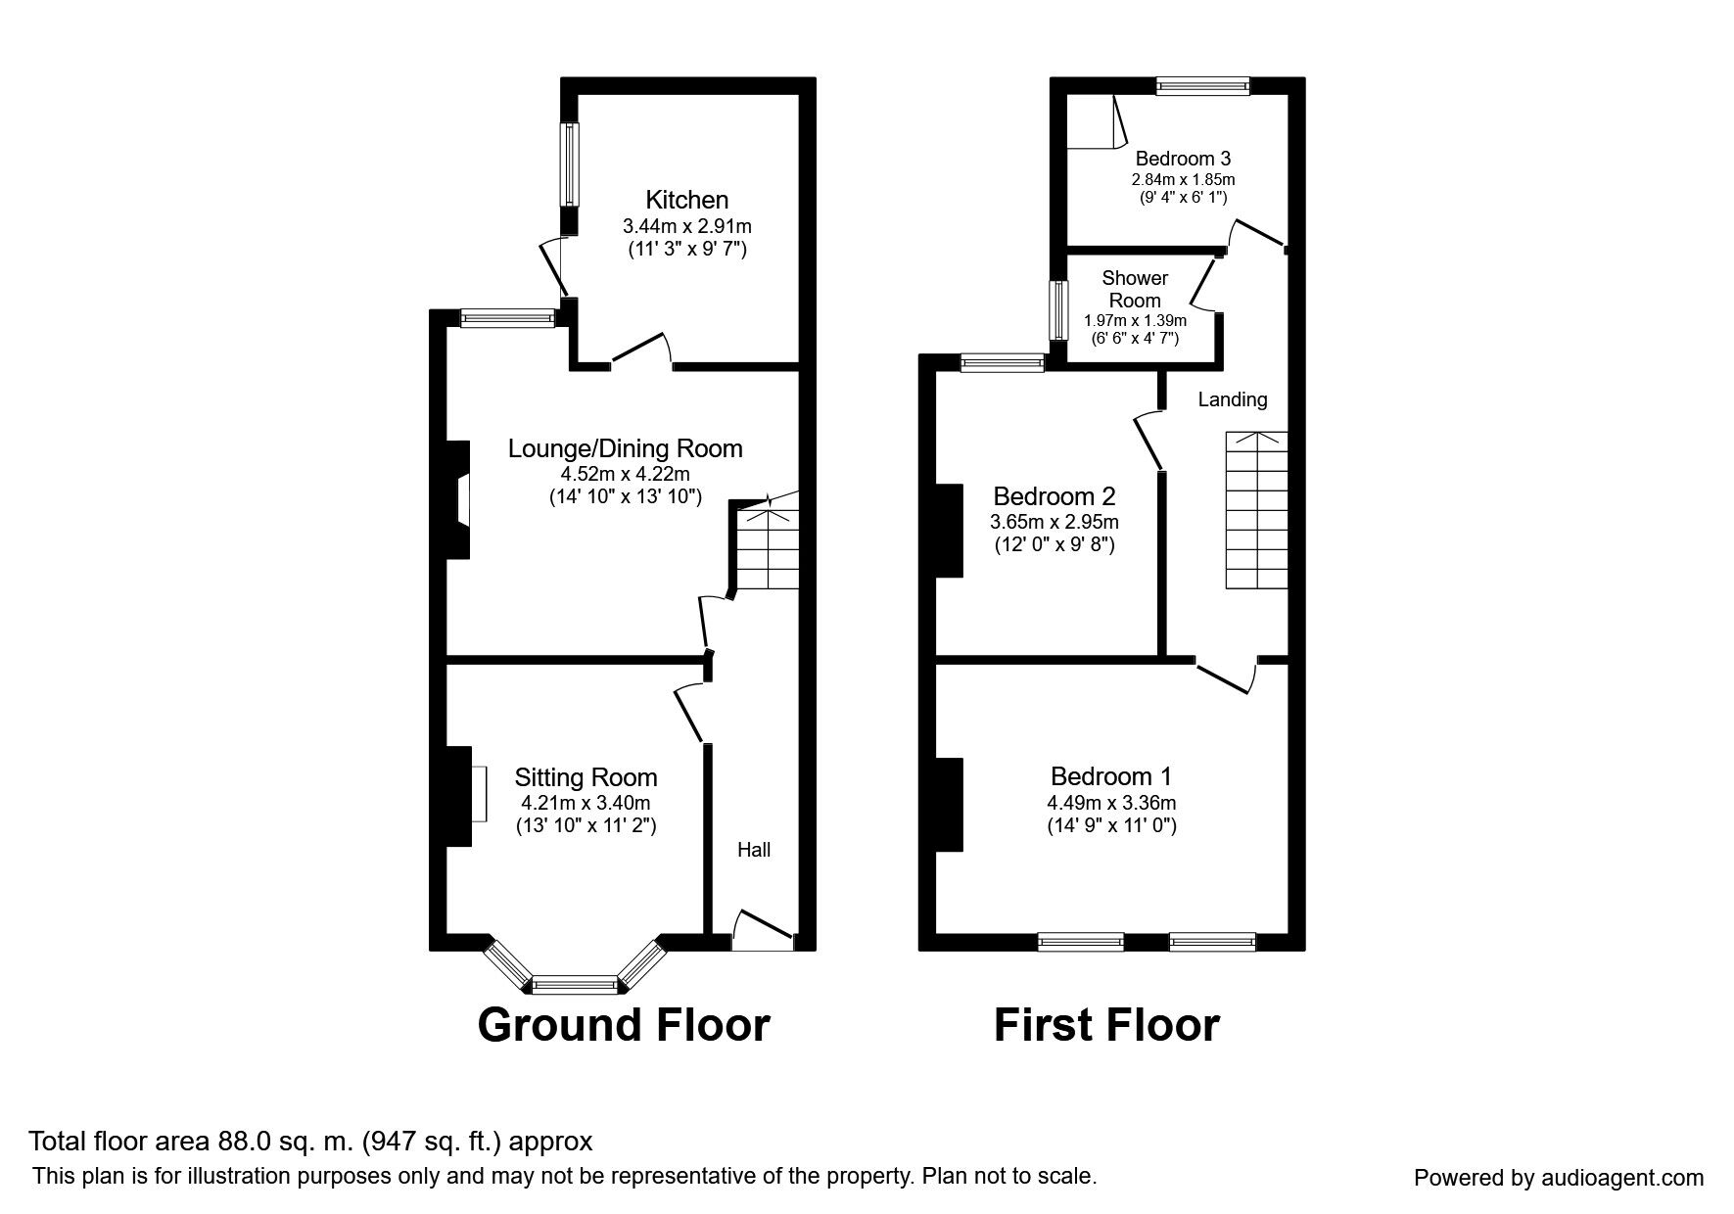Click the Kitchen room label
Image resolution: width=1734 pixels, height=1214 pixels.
click(686, 200)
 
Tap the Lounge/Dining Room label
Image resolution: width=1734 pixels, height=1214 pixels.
click(625, 448)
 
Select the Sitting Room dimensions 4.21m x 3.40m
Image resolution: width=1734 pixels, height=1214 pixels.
click(586, 804)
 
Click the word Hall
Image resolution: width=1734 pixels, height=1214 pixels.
click(754, 850)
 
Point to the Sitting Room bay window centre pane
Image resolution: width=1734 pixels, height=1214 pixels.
click(575, 982)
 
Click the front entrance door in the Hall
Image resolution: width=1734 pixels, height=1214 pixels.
click(763, 930)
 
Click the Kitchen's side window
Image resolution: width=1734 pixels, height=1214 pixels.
click(569, 164)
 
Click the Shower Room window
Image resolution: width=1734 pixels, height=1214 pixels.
click(1057, 310)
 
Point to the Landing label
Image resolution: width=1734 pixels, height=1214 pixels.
click(1233, 399)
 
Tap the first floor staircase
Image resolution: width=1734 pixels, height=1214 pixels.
click(1256, 510)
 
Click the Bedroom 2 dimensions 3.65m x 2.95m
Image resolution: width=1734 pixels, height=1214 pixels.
click(1054, 522)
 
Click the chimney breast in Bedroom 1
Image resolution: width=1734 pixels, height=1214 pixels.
click(949, 804)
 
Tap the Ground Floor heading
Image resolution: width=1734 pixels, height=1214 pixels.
click(624, 1025)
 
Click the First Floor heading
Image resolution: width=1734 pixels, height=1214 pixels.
click(1106, 1025)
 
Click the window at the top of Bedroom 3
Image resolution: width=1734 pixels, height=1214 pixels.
click(1202, 86)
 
